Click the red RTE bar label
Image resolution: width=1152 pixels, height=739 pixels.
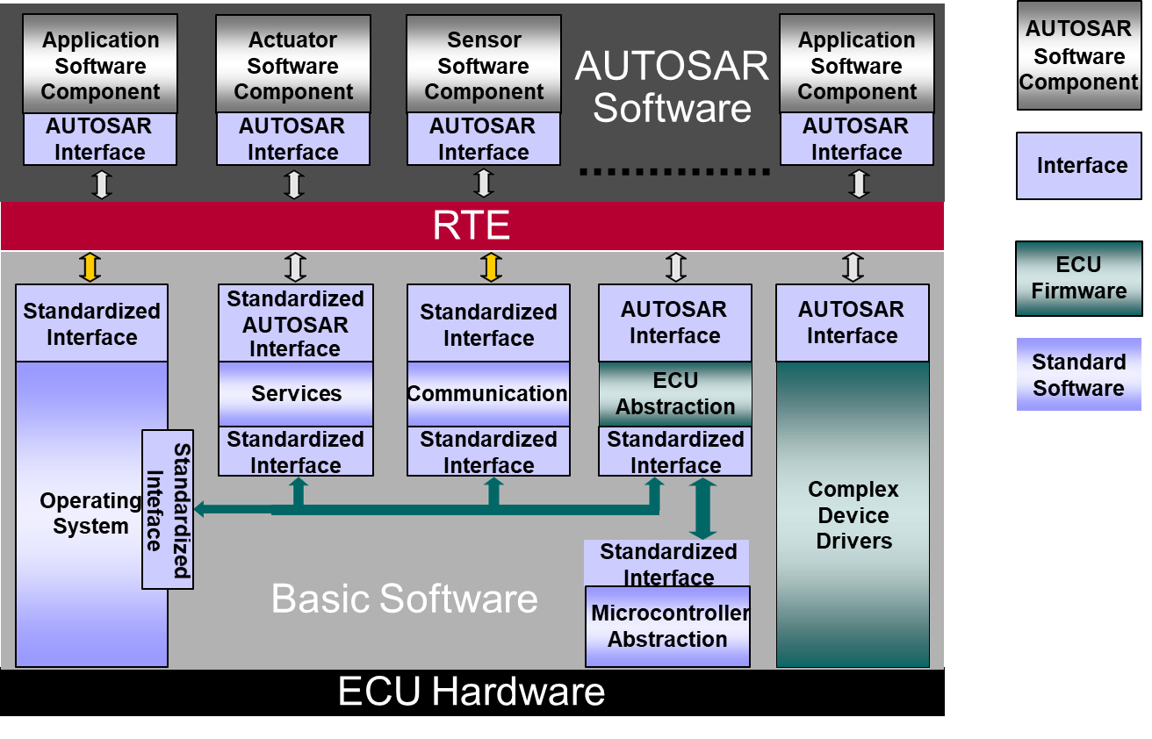(472, 226)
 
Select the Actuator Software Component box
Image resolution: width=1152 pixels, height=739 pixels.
(293, 66)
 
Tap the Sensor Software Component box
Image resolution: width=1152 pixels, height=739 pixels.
(483, 66)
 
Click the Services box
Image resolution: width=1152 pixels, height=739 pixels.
(296, 394)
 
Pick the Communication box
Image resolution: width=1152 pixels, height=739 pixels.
(487, 394)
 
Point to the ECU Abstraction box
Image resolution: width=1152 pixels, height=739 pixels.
(675, 394)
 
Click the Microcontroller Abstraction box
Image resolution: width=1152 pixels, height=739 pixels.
(667, 627)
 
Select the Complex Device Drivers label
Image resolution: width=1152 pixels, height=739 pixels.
(853, 515)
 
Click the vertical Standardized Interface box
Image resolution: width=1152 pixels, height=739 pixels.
(168, 509)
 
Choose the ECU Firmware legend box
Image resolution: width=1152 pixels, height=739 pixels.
(1078, 278)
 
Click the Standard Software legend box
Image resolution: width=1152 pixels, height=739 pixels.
(1078, 375)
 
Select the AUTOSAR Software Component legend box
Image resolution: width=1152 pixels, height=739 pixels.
(1078, 55)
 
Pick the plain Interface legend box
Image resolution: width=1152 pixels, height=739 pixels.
(1078, 166)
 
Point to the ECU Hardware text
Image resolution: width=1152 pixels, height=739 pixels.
(472, 692)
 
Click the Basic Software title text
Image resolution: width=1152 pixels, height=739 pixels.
(404, 599)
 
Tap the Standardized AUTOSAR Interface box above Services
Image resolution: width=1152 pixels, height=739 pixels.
(296, 323)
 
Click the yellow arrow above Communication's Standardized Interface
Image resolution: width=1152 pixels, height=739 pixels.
(491, 267)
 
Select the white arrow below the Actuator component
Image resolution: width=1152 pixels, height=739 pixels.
(294, 184)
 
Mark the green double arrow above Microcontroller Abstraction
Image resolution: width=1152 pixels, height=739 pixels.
(702, 509)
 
